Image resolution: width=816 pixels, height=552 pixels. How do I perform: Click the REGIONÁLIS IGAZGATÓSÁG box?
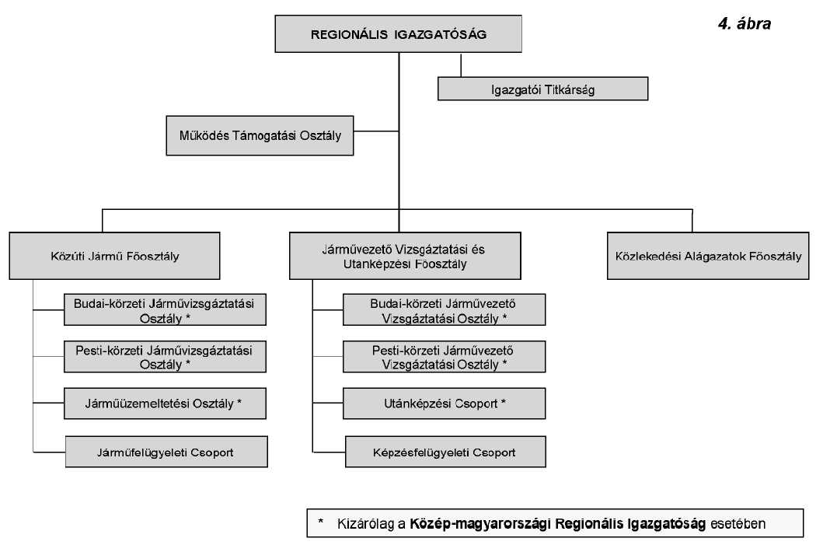point(399,34)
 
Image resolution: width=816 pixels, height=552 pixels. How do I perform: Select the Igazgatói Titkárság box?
point(542,89)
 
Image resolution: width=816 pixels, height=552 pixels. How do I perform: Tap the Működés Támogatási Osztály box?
point(260,135)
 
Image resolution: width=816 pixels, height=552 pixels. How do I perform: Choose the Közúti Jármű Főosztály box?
point(114,256)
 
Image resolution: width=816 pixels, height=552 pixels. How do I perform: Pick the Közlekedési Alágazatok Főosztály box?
point(708,256)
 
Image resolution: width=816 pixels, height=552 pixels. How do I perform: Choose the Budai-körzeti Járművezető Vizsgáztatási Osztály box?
point(444,309)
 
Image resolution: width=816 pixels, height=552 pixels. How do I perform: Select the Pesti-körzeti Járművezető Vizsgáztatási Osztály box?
point(444,357)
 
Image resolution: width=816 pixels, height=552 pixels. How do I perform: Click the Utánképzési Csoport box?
point(444,404)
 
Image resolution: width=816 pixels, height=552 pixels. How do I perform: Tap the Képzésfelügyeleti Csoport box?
point(444,451)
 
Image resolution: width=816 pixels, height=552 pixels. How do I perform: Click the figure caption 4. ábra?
point(744,24)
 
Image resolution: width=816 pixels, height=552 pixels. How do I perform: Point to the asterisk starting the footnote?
point(321,521)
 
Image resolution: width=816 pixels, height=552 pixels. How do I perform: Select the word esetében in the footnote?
point(738,523)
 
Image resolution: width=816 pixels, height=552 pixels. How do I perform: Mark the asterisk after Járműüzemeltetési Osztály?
point(239,402)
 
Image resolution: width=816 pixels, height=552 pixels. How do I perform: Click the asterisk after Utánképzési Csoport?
point(504,402)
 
